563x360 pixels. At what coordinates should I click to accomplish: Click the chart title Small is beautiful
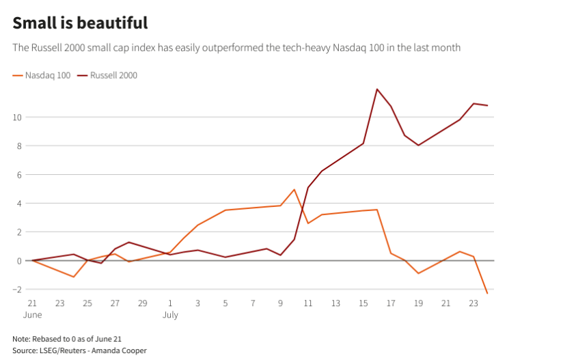click(x=80, y=23)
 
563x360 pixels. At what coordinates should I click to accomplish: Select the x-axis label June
click(x=32, y=315)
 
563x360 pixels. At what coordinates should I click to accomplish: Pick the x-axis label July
click(x=170, y=315)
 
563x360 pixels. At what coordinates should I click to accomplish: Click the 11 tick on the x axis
click(x=308, y=303)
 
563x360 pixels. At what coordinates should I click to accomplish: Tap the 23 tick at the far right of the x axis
click(x=473, y=303)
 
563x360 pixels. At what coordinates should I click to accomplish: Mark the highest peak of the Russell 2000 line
click(x=376, y=89)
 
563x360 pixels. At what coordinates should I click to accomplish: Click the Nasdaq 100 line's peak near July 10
click(x=294, y=189)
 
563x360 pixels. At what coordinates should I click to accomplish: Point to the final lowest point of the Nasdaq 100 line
click(x=487, y=294)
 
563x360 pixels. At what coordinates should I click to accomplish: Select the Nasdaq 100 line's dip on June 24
click(x=73, y=277)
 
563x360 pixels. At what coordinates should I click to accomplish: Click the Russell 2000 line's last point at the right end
click(x=487, y=105)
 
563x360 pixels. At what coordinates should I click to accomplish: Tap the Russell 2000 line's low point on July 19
click(x=418, y=145)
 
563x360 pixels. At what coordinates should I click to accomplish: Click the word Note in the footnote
click(x=21, y=339)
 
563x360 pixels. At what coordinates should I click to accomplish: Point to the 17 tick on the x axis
click(x=390, y=303)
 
